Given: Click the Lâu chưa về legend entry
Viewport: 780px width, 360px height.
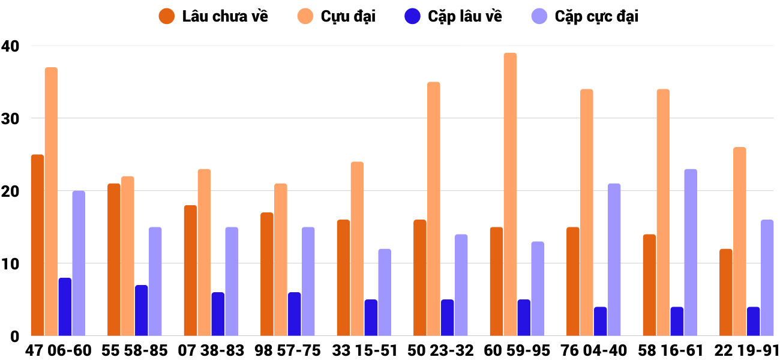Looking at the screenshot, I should click(213, 16).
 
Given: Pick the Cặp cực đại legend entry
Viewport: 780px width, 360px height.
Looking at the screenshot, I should click(585, 16).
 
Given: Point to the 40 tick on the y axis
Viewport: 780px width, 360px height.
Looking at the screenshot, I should click(10, 46).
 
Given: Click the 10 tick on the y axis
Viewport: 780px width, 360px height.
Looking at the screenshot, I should click(10, 264).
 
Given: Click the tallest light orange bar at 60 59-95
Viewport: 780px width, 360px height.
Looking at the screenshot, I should click(510, 194).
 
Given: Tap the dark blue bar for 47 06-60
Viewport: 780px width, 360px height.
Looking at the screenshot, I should click(65, 307).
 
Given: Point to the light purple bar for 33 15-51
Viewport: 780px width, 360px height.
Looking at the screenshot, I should click(385, 292).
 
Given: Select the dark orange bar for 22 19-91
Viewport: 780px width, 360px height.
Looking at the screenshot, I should click(725, 292).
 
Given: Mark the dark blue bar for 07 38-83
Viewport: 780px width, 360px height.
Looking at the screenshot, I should click(218, 314).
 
